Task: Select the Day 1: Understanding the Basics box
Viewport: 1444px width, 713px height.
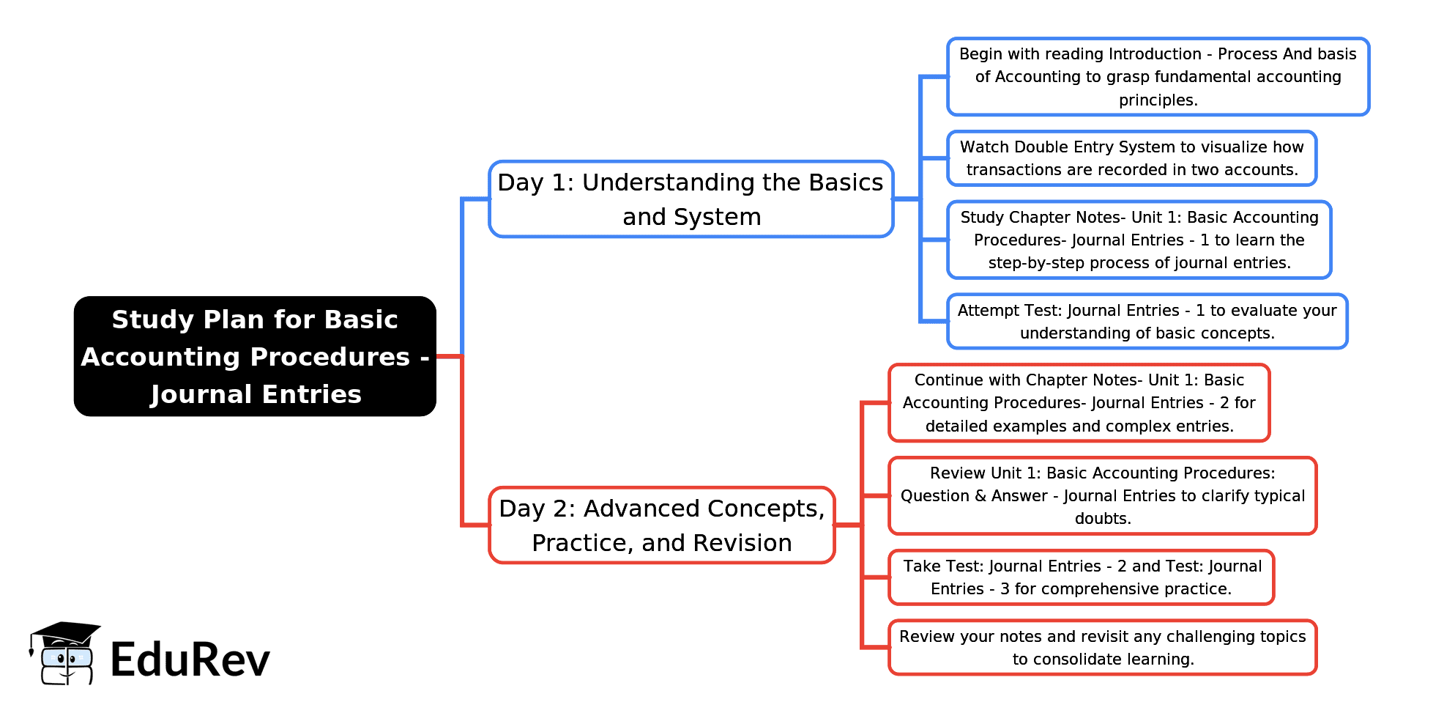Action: click(x=691, y=199)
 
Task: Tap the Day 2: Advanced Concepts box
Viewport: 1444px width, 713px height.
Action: click(x=661, y=525)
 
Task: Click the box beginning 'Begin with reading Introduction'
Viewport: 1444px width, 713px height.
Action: click(x=1158, y=77)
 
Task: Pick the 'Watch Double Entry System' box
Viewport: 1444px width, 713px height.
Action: click(x=1131, y=158)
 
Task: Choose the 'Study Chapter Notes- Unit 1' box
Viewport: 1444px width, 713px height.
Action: click(x=1139, y=240)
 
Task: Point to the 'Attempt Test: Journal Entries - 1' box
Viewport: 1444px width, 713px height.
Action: click(x=1147, y=322)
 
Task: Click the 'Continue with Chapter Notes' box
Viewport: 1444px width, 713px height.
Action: click(x=1079, y=403)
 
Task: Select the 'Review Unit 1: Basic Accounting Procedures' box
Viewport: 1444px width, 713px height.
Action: click(x=1102, y=496)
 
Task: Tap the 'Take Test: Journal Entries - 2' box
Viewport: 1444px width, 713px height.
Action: click(x=1082, y=577)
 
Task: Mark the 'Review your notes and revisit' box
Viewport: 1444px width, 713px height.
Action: click(x=1102, y=648)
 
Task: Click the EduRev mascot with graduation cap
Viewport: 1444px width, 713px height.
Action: click(x=64, y=654)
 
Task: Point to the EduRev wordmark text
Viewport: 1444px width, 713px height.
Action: click(x=190, y=660)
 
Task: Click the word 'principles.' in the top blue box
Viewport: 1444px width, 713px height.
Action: click(x=1158, y=100)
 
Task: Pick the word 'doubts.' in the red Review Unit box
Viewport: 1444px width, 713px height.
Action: click(x=1103, y=519)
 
